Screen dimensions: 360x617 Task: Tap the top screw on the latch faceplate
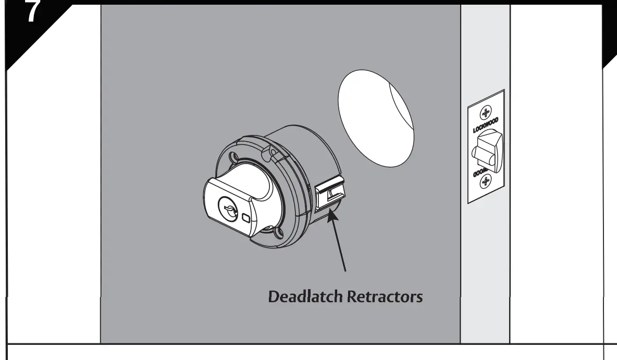click(x=486, y=113)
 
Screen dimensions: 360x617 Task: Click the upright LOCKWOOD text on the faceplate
click(x=486, y=127)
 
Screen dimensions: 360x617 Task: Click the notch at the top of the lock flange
click(x=270, y=152)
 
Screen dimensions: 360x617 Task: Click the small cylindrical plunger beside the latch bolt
click(x=477, y=154)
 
